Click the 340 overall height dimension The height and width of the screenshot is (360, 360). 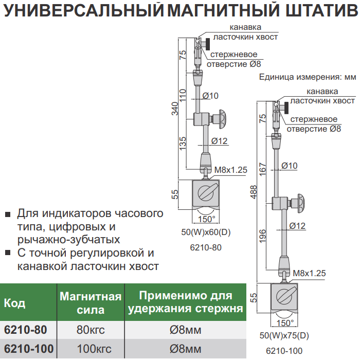pyautogui.click(x=174, y=109)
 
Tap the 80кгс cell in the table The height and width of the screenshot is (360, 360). pyautogui.click(x=91, y=330)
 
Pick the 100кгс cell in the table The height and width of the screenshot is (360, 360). pyautogui.click(x=91, y=350)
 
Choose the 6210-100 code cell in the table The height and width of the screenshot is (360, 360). pyautogui.click(x=28, y=350)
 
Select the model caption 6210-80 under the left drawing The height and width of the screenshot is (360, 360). pyautogui.click(x=206, y=247)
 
